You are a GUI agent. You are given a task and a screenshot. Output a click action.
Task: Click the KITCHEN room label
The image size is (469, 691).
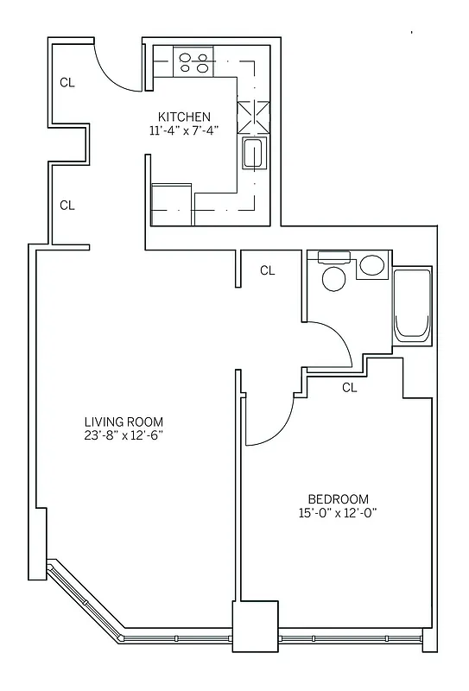tap(183, 117)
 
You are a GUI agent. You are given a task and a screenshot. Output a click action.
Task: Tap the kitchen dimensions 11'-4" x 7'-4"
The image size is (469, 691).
tap(183, 131)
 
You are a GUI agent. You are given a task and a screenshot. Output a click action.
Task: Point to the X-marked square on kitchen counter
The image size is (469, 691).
tap(253, 115)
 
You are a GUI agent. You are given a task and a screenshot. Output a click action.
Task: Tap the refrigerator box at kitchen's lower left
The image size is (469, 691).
tap(172, 204)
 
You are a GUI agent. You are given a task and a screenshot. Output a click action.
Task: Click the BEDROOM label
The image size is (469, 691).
tap(339, 499)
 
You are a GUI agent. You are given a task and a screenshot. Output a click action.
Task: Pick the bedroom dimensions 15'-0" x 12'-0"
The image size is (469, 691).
tap(339, 513)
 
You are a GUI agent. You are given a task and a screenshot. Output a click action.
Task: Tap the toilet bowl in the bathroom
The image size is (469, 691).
tap(333, 277)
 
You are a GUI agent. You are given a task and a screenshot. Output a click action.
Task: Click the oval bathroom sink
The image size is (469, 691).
tap(373, 264)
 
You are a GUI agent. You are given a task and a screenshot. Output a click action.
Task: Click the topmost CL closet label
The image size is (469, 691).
tap(67, 83)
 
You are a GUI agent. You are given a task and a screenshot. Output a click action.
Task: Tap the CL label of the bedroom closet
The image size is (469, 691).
tap(349, 388)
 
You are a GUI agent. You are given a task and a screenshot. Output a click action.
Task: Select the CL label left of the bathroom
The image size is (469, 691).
tap(268, 270)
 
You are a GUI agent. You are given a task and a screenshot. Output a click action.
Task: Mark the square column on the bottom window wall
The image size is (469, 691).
tap(255, 627)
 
